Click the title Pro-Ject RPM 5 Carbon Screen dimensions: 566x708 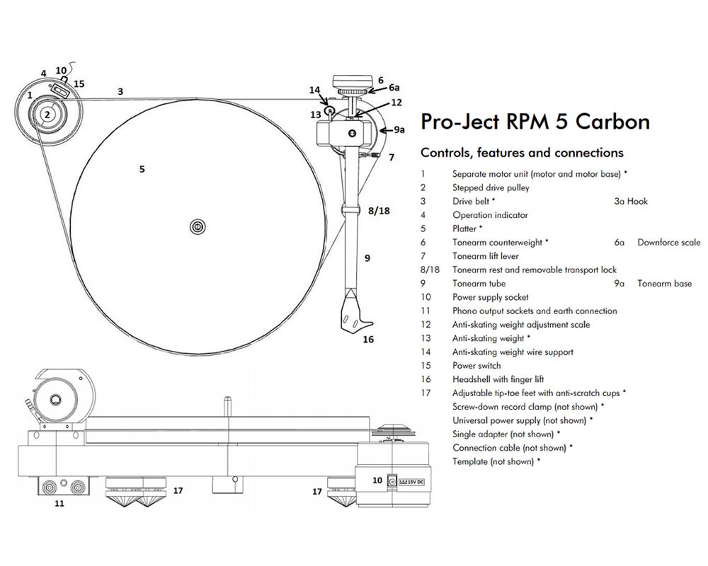535,122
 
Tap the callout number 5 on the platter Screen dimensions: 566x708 142,169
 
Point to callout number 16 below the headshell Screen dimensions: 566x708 368,340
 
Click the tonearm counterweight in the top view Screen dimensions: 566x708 355,79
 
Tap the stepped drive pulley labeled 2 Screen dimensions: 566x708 47,114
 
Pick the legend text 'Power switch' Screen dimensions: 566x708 476,366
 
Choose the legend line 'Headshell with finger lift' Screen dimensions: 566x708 498,379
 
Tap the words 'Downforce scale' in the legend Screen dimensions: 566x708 668,243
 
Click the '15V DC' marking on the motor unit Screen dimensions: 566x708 411,482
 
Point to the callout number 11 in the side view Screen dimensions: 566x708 59,504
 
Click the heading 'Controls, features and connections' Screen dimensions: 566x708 522,153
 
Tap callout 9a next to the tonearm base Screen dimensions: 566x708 400,130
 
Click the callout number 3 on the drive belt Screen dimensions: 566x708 120,91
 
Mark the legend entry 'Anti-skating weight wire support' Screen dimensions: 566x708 513,352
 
